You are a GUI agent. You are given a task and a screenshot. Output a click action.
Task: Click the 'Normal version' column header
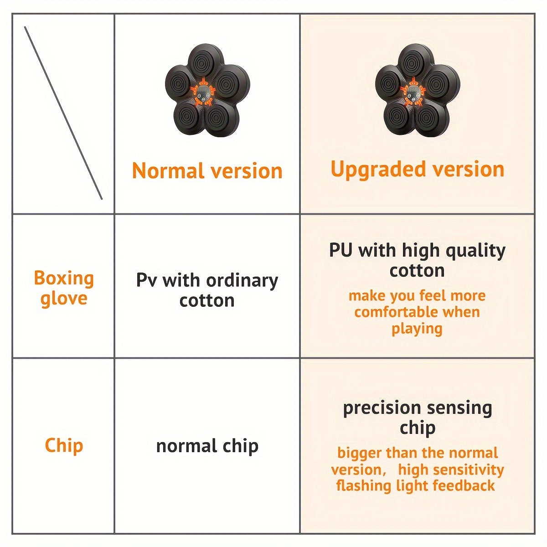pos(207,171)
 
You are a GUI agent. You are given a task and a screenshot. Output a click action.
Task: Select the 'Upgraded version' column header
pos(417,169)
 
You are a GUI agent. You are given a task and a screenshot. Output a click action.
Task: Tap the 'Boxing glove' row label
pos(64,288)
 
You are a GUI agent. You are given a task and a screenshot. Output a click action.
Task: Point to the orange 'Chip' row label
pos(64,445)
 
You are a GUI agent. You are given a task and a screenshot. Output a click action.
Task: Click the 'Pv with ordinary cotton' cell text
pos(207,290)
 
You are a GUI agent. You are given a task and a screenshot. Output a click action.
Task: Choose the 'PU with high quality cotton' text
pos(417,260)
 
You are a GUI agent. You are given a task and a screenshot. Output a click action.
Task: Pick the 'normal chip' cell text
pos(207,446)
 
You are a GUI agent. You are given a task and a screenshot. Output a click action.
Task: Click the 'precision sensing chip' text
pos(417,417)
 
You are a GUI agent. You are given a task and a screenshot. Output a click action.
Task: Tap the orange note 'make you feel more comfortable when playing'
pos(417,312)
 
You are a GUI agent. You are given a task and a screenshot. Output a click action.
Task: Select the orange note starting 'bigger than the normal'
pos(417,469)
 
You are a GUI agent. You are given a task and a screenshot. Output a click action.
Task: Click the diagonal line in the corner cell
pos(63,113)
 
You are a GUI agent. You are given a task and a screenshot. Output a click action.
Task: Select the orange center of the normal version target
pos(202,93)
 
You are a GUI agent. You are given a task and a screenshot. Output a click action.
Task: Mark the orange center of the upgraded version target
pos(413,93)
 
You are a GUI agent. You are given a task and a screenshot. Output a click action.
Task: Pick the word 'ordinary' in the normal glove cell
pos(242,280)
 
